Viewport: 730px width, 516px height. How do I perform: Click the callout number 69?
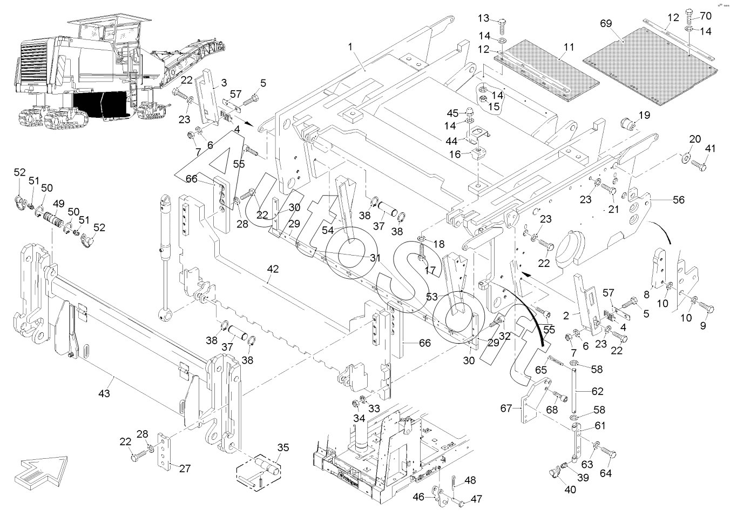click(x=606, y=23)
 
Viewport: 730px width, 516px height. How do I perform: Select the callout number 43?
click(x=104, y=394)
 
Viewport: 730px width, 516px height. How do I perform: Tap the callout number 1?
click(x=350, y=47)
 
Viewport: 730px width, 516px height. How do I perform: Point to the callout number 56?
click(x=678, y=200)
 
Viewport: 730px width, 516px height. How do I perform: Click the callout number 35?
click(x=283, y=447)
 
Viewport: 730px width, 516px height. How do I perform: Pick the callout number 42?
click(x=273, y=269)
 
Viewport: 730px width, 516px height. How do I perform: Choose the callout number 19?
click(x=645, y=115)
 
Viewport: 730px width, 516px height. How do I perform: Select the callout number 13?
click(x=483, y=18)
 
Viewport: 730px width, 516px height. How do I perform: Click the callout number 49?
click(x=59, y=204)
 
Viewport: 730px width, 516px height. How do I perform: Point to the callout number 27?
click(x=185, y=468)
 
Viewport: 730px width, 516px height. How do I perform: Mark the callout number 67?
click(x=506, y=409)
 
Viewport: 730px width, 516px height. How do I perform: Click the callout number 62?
click(x=597, y=391)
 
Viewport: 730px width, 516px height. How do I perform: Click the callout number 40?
click(x=570, y=490)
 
